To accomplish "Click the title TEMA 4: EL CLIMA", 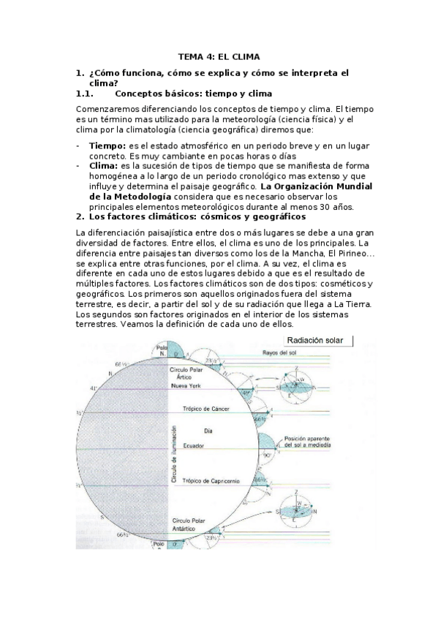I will [219, 56].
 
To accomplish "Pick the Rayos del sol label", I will [279, 353].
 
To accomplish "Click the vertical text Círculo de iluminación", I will [174, 453].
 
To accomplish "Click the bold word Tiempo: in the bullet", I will [103, 146].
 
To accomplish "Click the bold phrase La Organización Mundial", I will [326, 186].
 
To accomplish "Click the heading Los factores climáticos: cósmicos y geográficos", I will [197, 216].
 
